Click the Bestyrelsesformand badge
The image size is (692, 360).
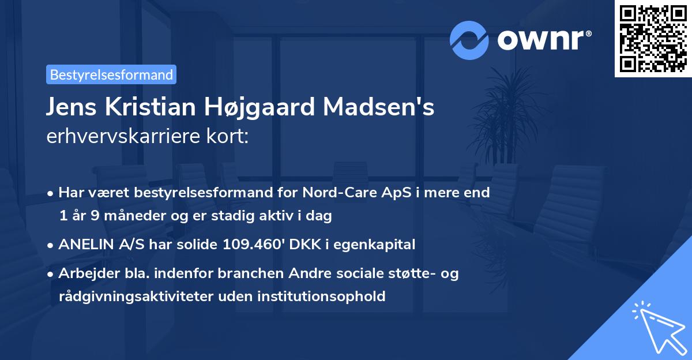point(111,74)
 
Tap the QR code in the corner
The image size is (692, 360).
point(653,38)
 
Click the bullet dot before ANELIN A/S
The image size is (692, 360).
point(51,245)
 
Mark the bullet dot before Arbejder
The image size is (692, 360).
point(51,274)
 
